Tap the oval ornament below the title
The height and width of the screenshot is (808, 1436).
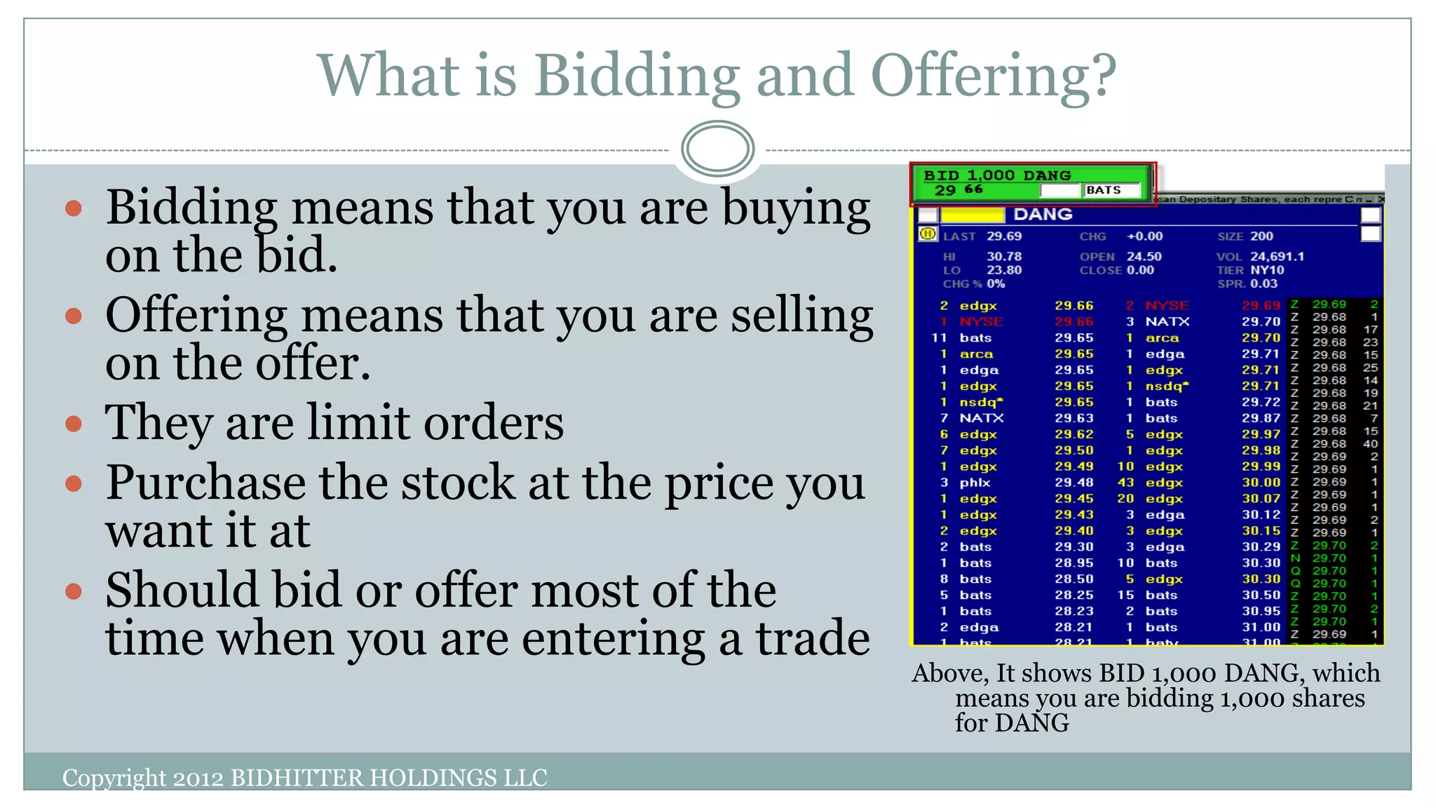[717, 149]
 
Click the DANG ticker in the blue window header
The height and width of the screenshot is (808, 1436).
[1043, 215]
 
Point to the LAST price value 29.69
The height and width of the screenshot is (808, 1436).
[1004, 236]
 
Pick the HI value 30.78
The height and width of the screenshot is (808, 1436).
[1004, 257]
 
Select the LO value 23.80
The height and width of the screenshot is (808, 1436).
[1004, 270]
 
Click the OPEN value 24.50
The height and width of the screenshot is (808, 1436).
[1144, 257]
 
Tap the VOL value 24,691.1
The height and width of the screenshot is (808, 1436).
[1277, 257]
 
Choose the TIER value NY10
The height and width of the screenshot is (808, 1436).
[1267, 270]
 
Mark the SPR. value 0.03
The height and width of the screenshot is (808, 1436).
[1264, 283]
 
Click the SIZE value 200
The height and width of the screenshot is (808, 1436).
[1261, 236]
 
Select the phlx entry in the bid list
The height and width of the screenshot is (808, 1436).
[975, 483]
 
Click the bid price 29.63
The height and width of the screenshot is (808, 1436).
[1073, 418]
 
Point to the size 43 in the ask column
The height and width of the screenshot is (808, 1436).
[1125, 483]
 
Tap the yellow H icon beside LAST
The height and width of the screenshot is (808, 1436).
[928, 234]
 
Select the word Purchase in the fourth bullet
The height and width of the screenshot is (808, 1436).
[205, 483]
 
